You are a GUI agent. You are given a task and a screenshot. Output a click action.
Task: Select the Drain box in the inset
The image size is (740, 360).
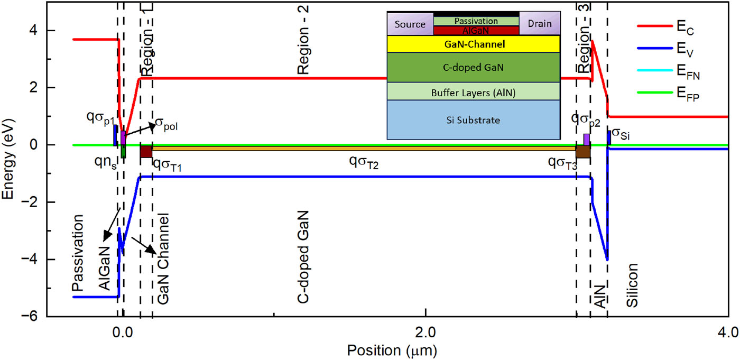(x=540, y=24)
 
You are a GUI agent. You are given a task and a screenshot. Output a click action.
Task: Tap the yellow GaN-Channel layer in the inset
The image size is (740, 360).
(x=474, y=44)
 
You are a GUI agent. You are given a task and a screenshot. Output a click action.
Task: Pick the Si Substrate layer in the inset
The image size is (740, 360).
(x=474, y=120)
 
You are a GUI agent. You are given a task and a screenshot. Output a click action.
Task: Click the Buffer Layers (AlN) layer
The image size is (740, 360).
(x=474, y=92)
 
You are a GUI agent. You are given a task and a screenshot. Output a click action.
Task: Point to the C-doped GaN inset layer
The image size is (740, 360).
(x=474, y=67)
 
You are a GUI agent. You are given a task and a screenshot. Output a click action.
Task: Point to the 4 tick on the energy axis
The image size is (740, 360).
(x=36, y=31)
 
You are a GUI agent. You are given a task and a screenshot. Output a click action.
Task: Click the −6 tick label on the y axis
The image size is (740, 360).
(x=33, y=317)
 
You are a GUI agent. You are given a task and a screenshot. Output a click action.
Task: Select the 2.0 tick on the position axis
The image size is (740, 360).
(x=425, y=333)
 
